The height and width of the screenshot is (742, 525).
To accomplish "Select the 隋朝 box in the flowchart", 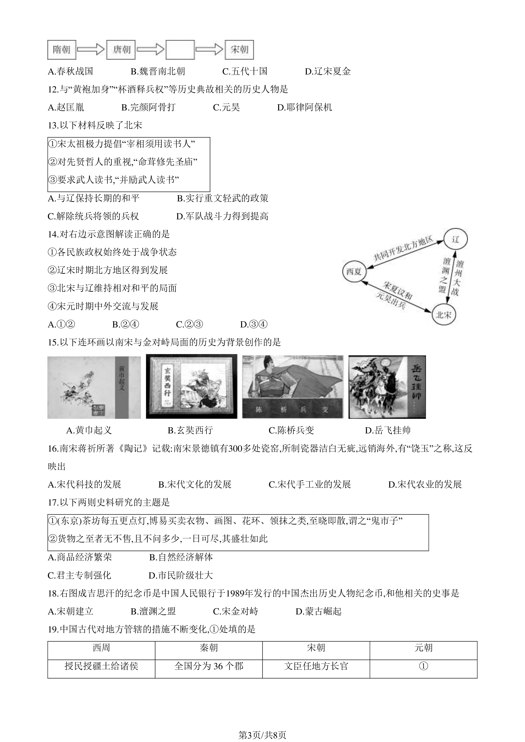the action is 62,50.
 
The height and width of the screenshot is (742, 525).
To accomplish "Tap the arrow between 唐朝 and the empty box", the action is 150,50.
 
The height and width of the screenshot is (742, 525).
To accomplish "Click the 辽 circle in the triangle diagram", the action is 456,239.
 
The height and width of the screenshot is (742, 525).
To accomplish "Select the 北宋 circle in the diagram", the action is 444,315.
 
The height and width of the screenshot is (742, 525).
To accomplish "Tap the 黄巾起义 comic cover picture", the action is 94,387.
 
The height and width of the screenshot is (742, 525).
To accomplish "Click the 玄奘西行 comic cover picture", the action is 191,386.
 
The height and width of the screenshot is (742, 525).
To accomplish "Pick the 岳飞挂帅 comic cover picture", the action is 387,387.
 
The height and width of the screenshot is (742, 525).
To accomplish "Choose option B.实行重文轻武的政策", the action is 223,198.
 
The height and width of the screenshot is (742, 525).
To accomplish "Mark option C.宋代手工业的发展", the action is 310,484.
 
